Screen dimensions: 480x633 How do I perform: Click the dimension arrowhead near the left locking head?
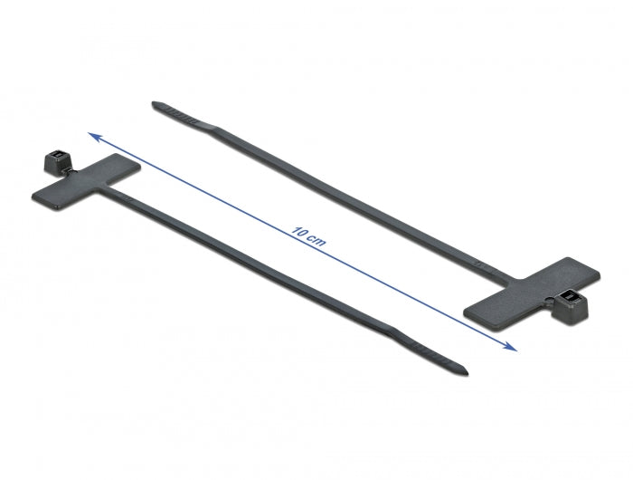(x=94, y=135)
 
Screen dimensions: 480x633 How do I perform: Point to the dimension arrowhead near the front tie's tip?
(x=510, y=346)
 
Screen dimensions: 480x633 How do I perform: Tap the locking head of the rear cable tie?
(x=571, y=303)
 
